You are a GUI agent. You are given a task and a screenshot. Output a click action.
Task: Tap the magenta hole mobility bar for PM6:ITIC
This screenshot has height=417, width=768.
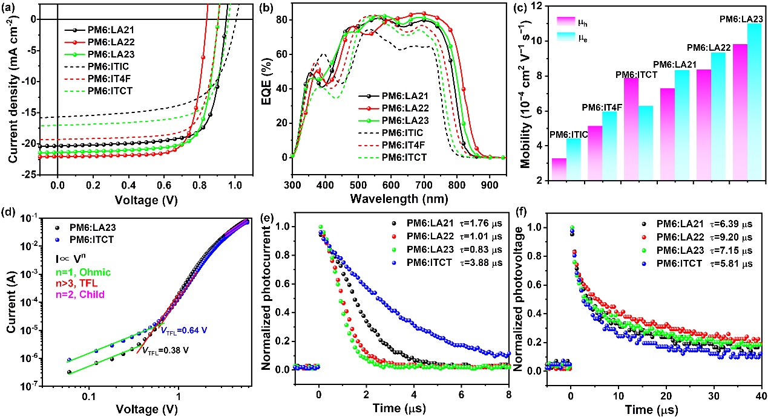(x=559, y=169)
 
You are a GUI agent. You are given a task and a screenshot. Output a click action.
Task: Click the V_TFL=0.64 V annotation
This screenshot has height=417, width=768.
(x=181, y=312)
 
